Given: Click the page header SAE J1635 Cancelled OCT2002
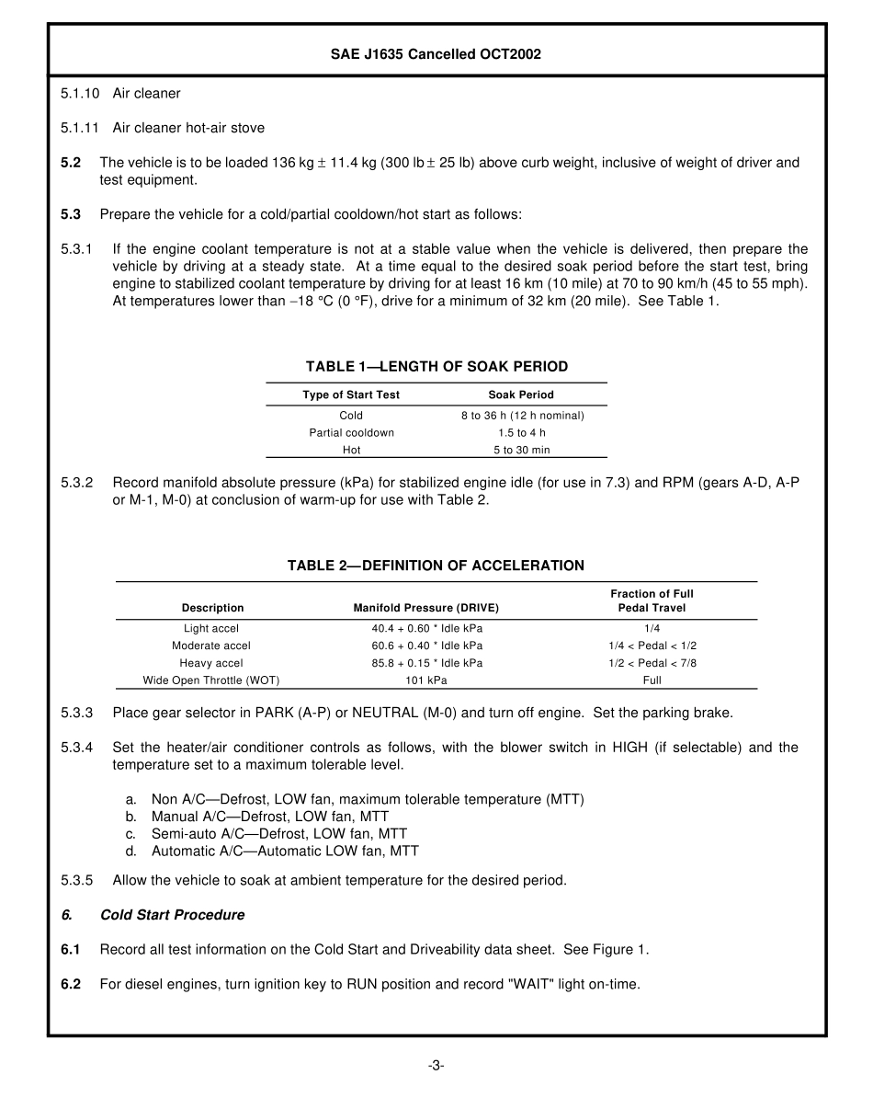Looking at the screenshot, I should pyautogui.click(x=436, y=54).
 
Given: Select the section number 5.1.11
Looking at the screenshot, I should pyautogui.click(x=80, y=128).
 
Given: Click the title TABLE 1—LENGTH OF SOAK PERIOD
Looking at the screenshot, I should pyautogui.click(x=436, y=367).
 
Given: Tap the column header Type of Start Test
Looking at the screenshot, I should pyautogui.click(x=351, y=394).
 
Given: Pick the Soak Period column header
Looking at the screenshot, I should pyautogui.click(x=521, y=394).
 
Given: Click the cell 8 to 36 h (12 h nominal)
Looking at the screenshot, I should pyautogui.click(x=522, y=416).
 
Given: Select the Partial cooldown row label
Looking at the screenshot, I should pyautogui.click(x=351, y=433).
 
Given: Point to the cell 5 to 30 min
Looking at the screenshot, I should pyautogui.click(x=521, y=451).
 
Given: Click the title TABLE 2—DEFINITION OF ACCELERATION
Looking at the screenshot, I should pyautogui.click(x=436, y=566).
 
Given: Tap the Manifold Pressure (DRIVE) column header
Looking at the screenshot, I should pyautogui.click(x=426, y=608).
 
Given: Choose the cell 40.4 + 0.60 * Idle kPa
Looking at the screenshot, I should pyautogui.click(x=426, y=628).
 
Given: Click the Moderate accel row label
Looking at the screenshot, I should pyautogui.click(x=211, y=646).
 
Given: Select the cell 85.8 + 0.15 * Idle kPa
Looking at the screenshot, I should pyautogui.click(x=426, y=663).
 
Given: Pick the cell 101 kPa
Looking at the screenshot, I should pyautogui.click(x=426, y=680).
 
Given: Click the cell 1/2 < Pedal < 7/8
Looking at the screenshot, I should pyautogui.click(x=652, y=663).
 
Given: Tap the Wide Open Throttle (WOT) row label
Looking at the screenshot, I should pyautogui.click(x=211, y=680).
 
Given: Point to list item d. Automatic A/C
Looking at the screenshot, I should pyautogui.click(x=285, y=852).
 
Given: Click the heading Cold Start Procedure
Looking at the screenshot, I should pyautogui.click(x=172, y=915).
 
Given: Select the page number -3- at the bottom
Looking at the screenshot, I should pyautogui.click(x=436, y=1066).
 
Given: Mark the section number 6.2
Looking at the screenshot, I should pyautogui.click(x=71, y=984).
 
